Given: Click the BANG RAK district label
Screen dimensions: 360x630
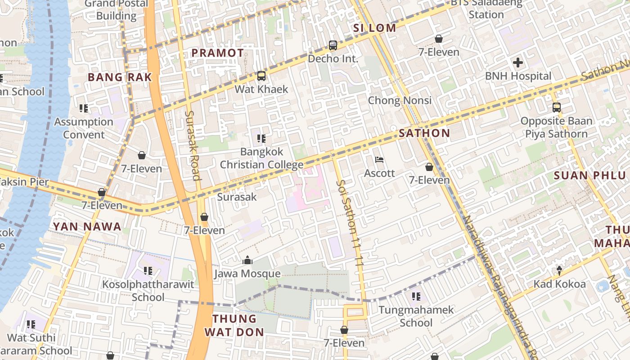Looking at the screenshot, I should pos(120,77).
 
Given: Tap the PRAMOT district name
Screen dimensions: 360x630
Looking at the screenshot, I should pos(217,53).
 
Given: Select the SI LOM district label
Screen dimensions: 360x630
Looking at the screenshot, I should pos(374,28).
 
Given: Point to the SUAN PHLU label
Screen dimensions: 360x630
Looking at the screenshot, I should pos(589,175).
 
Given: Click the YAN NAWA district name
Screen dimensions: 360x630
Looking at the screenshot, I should pos(87,226).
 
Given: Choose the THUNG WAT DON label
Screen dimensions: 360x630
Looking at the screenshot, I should pos(234,325).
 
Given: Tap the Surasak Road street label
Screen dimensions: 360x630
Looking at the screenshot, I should pos(192,145).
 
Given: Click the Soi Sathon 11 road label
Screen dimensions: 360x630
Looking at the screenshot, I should pos(350,223).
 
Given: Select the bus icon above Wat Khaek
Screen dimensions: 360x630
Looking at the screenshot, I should pos(261,76).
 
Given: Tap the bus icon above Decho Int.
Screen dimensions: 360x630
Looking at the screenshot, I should pos(333,45).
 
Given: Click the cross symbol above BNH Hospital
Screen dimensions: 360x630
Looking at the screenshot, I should pos(518,63).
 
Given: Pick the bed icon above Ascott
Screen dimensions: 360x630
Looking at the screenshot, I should pos(379,160).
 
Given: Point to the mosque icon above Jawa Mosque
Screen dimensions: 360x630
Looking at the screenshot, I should pos(247,260).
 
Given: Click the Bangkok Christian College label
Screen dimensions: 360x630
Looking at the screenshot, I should pos(261,158).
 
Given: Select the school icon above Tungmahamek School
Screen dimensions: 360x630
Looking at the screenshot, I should pos(416,297).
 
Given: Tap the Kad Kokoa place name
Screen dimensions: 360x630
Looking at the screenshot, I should pos(559,284).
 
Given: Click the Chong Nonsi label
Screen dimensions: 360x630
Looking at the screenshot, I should pos(400,100).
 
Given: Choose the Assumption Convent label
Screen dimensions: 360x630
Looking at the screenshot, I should pos(84,128).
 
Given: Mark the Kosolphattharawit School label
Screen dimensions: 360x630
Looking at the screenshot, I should pos(148,291).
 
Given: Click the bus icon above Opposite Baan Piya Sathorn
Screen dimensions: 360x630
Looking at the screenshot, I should pos(557,108).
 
